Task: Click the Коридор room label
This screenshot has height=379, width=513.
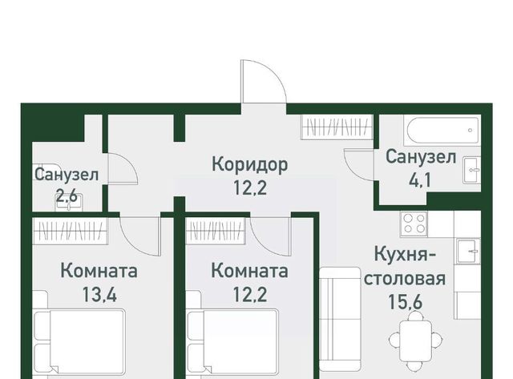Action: click(x=250, y=164)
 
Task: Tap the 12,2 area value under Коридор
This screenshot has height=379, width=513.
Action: click(x=250, y=187)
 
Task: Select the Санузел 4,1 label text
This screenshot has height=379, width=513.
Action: click(x=421, y=168)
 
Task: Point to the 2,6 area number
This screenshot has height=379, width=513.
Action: click(x=67, y=196)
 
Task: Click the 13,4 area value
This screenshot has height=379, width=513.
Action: click(x=99, y=295)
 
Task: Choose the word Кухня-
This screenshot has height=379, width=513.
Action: click(x=405, y=254)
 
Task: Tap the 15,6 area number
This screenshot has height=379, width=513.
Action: click(x=405, y=302)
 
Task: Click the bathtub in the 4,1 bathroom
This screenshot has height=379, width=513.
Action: click(x=442, y=130)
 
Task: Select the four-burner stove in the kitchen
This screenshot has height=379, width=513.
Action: click(x=414, y=224)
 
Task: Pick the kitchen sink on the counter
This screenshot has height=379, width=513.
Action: click(x=468, y=251)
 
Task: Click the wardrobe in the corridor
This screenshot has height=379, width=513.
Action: click(x=337, y=127)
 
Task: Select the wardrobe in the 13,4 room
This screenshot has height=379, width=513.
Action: click(x=71, y=232)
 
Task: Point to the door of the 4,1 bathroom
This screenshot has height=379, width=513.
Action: click(x=360, y=163)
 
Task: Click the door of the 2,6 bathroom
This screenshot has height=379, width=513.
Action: click(x=123, y=168)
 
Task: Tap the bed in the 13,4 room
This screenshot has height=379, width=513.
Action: click(x=80, y=342)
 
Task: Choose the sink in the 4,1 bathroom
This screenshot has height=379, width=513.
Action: click(x=472, y=170)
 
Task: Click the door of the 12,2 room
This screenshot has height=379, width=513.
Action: click(x=270, y=236)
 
